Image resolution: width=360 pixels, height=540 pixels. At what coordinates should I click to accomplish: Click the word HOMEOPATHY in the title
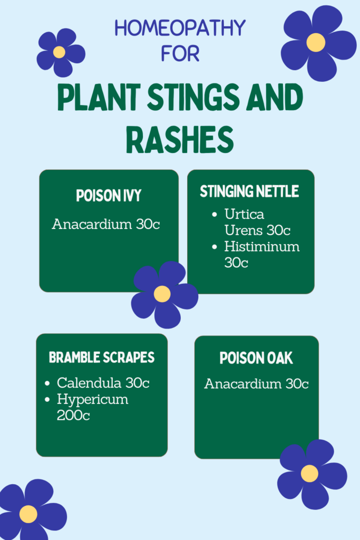coord(180,28)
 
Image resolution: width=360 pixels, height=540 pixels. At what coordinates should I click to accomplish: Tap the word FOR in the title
coord(180,54)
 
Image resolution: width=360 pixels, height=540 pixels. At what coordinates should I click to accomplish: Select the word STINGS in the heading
coord(194,97)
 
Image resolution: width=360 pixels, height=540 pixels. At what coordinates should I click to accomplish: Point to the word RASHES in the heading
coord(180,140)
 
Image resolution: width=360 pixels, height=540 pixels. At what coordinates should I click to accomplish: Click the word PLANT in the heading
coord(99,97)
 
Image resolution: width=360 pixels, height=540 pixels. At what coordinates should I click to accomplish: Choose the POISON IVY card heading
coord(109,196)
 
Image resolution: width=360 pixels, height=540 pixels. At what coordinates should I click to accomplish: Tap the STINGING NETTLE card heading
coord(249,191)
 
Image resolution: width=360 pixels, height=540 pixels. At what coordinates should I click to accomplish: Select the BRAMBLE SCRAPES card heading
coord(102,358)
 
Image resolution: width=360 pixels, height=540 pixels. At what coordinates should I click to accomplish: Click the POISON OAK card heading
coord(256,358)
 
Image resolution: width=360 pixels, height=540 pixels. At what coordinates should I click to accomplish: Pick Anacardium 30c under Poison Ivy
coord(106,224)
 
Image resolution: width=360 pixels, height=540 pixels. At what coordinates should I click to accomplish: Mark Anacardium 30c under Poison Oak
coord(256,384)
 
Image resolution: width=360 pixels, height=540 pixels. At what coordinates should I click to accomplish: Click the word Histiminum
coord(262,247)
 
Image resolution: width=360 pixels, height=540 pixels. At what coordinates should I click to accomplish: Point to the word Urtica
coord(245,214)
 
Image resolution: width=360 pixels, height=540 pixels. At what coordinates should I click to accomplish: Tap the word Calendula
coord(89,383)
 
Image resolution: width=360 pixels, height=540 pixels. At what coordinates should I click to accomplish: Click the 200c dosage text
coord(73,416)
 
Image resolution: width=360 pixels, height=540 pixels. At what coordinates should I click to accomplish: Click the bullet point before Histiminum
coord(215,247)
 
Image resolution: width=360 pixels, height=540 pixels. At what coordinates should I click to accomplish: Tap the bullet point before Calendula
coord(47,383)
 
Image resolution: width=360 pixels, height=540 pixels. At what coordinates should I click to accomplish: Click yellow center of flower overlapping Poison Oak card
coord(309,474)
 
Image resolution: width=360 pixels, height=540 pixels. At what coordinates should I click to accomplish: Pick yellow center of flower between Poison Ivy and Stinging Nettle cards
coord(162,294)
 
